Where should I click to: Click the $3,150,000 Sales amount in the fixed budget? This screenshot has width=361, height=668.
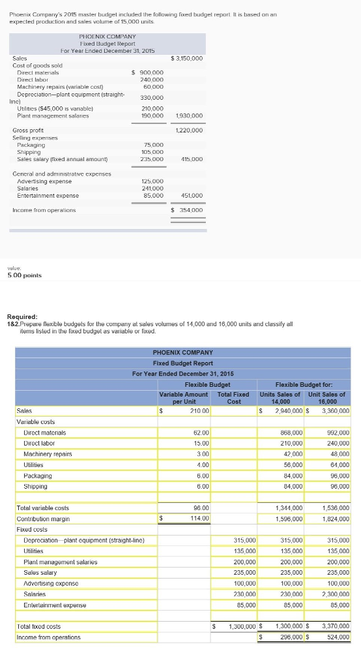pyautogui.click(x=187, y=59)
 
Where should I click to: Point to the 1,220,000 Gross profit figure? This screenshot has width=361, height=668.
pyautogui.click(x=190, y=130)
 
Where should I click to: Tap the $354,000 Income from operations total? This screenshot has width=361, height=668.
pyautogui.click(x=187, y=210)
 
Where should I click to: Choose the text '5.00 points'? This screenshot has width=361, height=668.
pyautogui.click(x=23, y=275)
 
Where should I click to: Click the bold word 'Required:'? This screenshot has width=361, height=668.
pyautogui.click(x=23, y=316)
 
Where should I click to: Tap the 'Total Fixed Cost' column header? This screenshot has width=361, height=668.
pyautogui.click(x=233, y=398)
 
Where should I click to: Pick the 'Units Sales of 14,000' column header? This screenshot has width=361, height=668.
pyautogui.click(x=281, y=398)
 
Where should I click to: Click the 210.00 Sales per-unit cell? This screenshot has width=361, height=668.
pyautogui.click(x=199, y=411)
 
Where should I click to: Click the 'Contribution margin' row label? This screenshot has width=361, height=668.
pyautogui.click(x=43, y=519)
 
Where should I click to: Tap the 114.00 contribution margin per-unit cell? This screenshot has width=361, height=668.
pyautogui.click(x=199, y=519)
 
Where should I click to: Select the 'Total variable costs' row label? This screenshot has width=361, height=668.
pyautogui.click(x=42, y=508)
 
